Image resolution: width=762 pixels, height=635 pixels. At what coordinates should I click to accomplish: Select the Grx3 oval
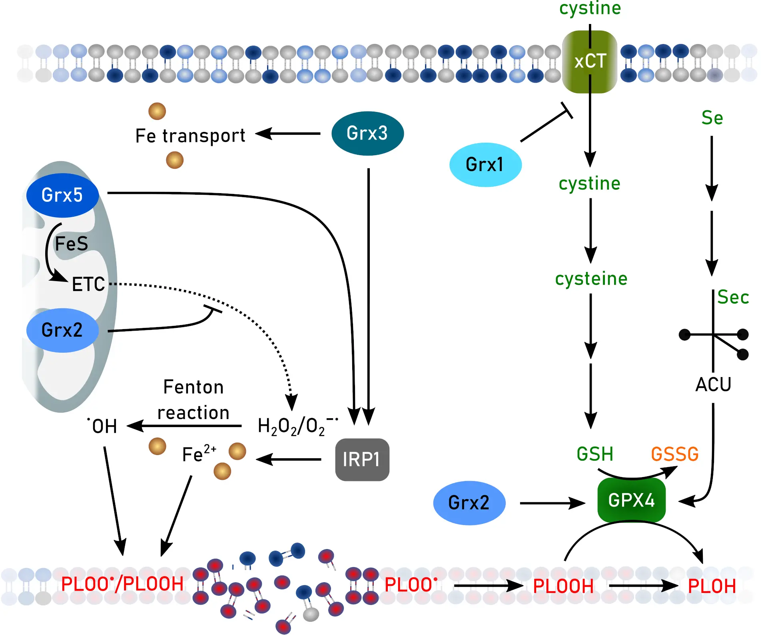pyautogui.click(x=367, y=133)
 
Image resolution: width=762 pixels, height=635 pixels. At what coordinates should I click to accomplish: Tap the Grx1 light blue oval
pyautogui.click(x=485, y=164)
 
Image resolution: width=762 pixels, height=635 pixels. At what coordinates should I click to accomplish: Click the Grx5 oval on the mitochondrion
pyautogui.click(x=62, y=195)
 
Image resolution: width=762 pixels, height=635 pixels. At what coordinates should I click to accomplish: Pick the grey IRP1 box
pyautogui.click(x=362, y=459)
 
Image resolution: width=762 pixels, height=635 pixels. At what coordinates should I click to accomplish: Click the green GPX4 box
pyautogui.click(x=631, y=500)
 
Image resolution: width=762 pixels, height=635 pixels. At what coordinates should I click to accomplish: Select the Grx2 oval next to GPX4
pyautogui.click(x=469, y=503)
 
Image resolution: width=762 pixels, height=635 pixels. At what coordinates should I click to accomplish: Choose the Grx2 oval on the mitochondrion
pyautogui.click(x=62, y=330)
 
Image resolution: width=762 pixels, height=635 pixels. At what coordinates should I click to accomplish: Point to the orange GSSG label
pyautogui.click(x=674, y=454)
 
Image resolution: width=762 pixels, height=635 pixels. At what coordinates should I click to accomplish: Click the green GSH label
pyautogui.click(x=594, y=454)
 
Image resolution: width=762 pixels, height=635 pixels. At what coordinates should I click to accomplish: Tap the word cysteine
pyautogui.click(x=591, y=279)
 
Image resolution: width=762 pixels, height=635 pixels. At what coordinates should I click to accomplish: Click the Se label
pyautogui.click(x=712, y=118)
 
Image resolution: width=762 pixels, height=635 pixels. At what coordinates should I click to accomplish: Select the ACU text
pyautogui.click(x=713, y=385)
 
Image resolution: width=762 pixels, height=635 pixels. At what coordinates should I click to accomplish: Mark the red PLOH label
pyautogui.click(x=712, y=587)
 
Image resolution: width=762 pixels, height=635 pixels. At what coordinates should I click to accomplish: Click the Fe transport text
pyautogui.click(x=190, y=136)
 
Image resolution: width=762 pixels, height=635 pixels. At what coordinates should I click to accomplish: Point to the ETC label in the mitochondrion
pyautogui.click(x=88, y=284)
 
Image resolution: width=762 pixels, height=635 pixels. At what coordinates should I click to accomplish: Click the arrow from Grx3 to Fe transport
pyautogui.click(x=288, y=134)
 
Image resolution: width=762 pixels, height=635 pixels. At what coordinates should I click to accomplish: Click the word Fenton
pyautogui.click(x=193, y=387)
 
